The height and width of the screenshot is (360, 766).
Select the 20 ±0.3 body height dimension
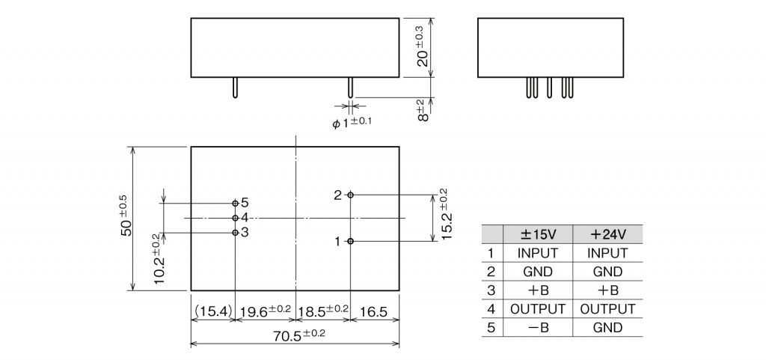423,46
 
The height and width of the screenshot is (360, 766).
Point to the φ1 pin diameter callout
352,121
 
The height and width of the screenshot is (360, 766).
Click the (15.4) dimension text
213,310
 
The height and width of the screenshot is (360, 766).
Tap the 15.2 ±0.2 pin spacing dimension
444,213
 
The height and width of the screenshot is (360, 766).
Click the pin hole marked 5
236,203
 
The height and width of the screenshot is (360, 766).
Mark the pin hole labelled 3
236,232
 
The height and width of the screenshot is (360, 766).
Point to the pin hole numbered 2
350,195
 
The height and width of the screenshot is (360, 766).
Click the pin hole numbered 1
350,241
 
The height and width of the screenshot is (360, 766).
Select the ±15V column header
538,234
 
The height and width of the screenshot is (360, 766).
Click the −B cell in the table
538,327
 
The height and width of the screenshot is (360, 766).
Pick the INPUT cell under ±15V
538,253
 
